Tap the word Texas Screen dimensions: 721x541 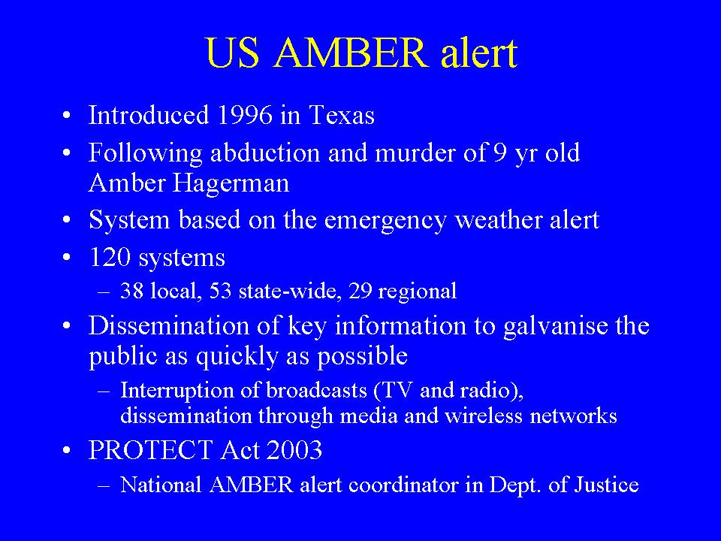pyautogui.click(x=342, y=114)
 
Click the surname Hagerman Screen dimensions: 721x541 pyautogui.click(x=231, y=183)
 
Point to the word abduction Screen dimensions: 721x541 pyautogui.click(x=265, y=153)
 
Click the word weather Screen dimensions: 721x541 pyautogui.click(x=498, y=220)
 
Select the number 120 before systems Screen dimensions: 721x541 pyautogui.click(x=110, y=257)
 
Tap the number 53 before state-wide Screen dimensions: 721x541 pyautogui.click(x=220, y=291)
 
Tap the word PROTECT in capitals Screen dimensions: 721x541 pyautogui.click(x=150, y=450)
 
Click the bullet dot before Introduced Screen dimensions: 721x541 pyautogui.click(x=67, y=116)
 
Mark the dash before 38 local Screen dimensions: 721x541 pyautogui.click(x=104, y=292)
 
